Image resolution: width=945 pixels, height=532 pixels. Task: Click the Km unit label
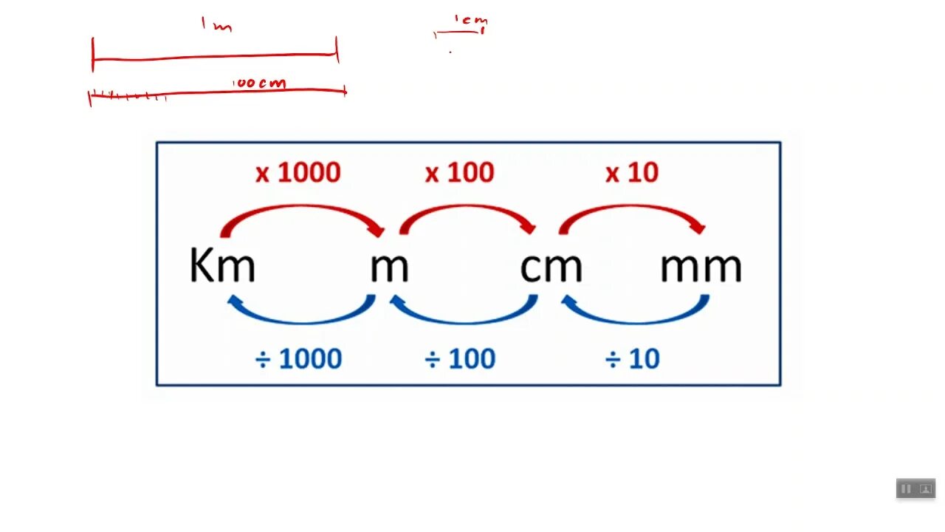click(x=222, y=266)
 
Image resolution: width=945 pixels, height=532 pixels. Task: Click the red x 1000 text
click(x=298, y=173)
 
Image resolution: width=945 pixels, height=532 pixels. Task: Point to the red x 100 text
click(x=459, y=173)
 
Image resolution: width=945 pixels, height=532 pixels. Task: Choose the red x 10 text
click(x=632, y=173)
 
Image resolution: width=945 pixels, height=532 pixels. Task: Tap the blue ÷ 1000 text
click(x=298, y=359)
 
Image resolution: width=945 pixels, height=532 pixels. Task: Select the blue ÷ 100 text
click(x=459, y=359)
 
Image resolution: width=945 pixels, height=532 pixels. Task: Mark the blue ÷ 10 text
click(x=632, y=359)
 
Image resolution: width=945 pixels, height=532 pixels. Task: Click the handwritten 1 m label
click(x=216, y=25)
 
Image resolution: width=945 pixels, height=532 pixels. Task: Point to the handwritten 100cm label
click(x=259, y=83)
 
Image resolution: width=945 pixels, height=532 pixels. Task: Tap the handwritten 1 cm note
click(x=470, y=21)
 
